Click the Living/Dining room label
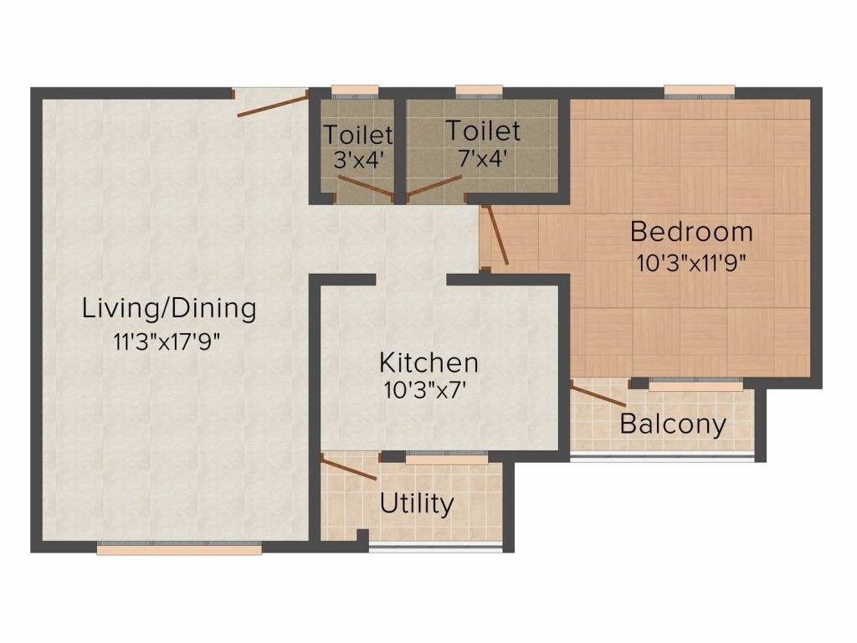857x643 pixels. tap(169, 309)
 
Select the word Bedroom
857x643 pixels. tap(691, 231)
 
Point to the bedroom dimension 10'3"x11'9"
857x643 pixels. tap(691, 261)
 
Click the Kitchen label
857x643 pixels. tap(429, 363)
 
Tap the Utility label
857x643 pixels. tap(417, 504)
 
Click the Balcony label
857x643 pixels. tap(673, 424)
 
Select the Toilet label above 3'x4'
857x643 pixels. tap(358, 134)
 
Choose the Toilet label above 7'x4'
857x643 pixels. tap(483, 131)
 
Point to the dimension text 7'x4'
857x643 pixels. tap(483, 157)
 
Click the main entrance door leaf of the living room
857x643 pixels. tap(273, 105)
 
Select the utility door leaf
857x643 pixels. tap(350, 468)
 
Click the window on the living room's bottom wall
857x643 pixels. tap(179, 549)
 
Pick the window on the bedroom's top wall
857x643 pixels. tap(700, 90)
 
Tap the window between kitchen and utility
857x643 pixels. tap(446, 459)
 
